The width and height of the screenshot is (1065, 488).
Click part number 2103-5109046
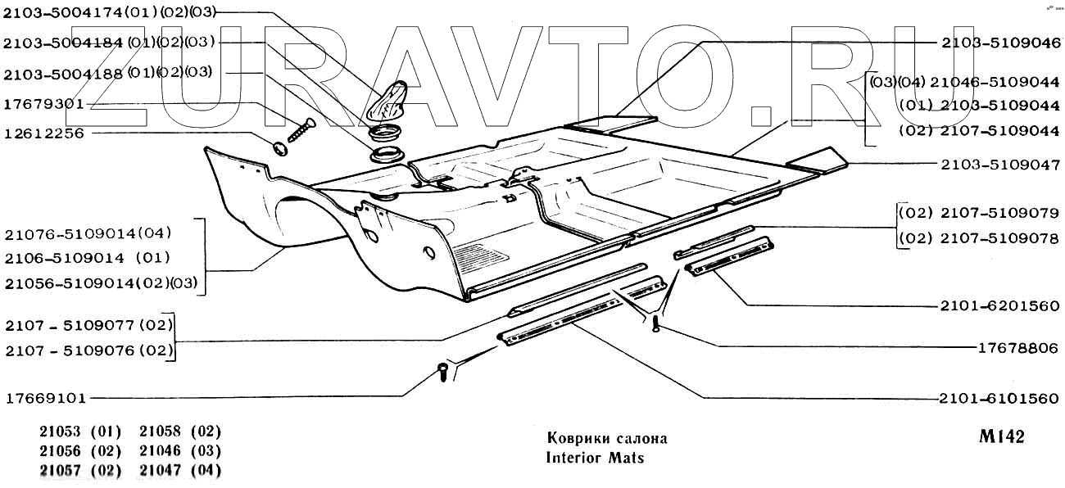point(1000,42)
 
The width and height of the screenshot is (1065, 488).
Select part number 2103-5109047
point(1000,165)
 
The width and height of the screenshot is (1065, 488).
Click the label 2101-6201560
point(1000,306)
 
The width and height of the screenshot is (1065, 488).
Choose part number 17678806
point(1018,348)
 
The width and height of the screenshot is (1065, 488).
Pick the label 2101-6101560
point(1000,400)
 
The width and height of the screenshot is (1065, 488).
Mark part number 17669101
point(45,400)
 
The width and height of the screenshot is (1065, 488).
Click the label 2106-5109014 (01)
point(87,258)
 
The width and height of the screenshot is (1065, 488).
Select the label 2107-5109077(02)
point(88,326)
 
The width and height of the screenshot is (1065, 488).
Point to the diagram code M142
point(1001,437)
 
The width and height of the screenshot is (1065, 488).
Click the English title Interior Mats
point(595,458)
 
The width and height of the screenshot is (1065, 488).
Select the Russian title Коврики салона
point(606,438)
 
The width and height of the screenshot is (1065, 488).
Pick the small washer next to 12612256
point(279,148)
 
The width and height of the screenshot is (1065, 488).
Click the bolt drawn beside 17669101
point(443,373)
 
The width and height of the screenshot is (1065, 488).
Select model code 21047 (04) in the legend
point(180,471)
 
